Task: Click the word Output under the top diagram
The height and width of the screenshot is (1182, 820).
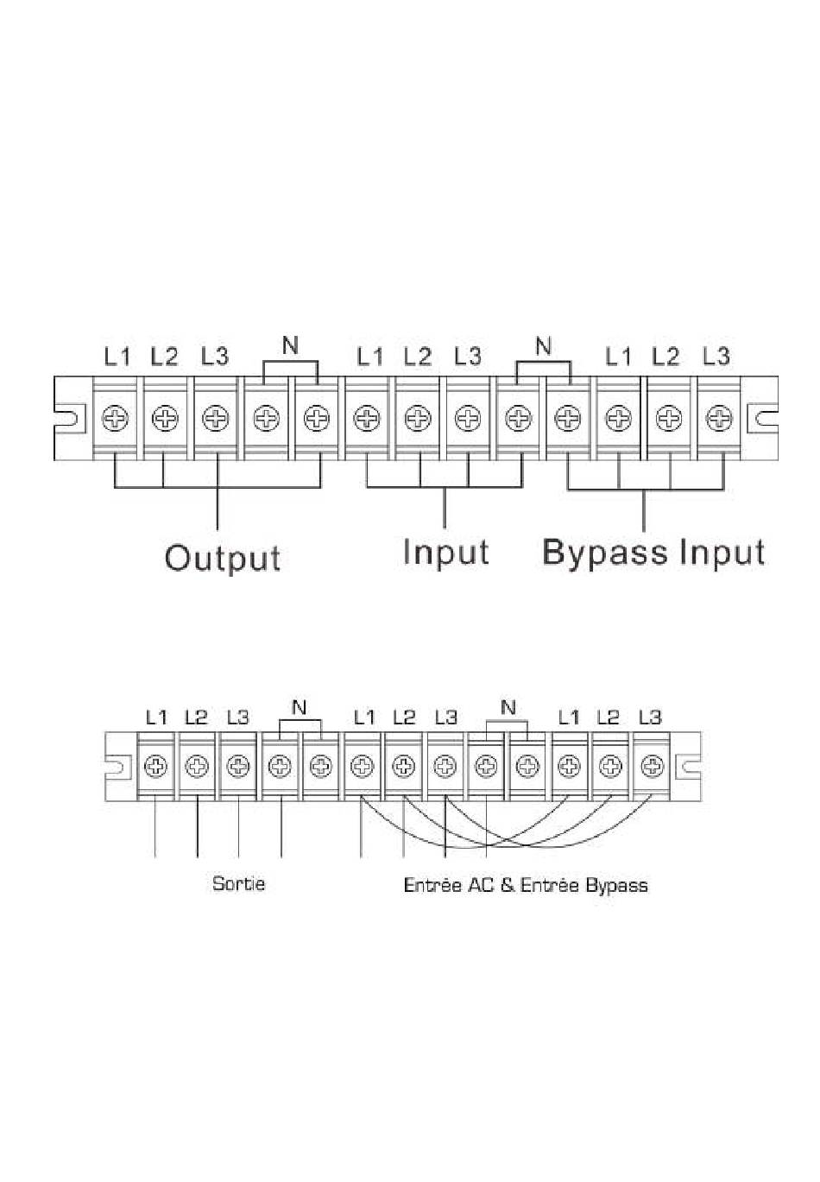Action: point(223,558)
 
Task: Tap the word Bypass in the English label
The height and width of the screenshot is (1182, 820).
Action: point(604,553)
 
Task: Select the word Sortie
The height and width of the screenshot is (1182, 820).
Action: point(238,883)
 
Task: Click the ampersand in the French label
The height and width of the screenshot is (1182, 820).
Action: point(505,884)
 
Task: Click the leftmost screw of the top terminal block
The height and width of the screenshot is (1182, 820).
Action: point(115,420)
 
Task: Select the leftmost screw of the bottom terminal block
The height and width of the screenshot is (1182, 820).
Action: point(156,765)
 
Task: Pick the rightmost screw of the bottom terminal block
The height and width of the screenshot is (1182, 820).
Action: point(653,765)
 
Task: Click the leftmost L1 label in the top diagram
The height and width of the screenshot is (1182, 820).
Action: point(117,356)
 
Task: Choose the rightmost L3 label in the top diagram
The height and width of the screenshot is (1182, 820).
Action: point(716,356)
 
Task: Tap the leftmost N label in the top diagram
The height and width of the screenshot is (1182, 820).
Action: point(291,346)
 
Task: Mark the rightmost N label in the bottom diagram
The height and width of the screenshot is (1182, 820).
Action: point(508,708)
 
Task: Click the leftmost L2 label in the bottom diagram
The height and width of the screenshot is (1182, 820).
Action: point(197,717)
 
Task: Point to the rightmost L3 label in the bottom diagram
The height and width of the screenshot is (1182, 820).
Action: point(650,717)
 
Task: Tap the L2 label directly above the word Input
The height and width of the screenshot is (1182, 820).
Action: point(417,356)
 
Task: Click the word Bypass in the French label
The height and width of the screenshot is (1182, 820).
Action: point(616,884)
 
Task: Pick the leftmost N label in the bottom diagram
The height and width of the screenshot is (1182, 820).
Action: point(299,708)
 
